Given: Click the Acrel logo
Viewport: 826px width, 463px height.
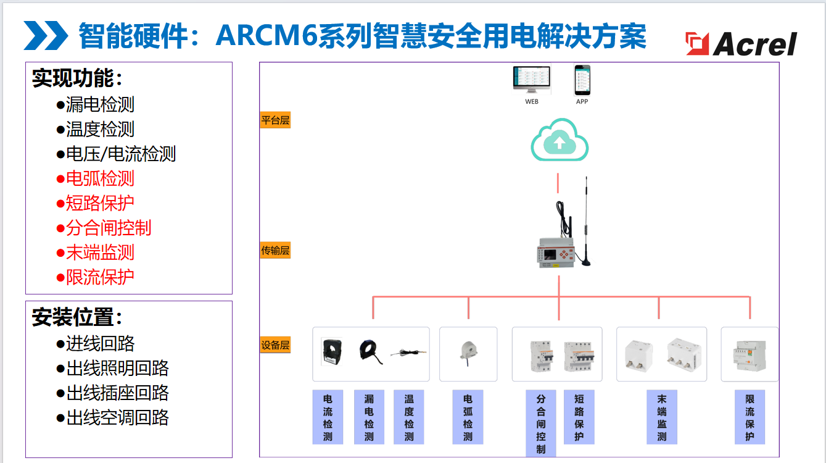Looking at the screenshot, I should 741,43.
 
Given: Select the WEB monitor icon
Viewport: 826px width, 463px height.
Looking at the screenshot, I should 532,80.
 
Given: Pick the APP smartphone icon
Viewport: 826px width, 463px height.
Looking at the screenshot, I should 582,80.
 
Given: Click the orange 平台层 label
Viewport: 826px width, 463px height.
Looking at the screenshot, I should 275,120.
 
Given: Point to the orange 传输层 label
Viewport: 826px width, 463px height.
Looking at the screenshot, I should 275,251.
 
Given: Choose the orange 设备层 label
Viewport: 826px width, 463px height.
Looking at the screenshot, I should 275,345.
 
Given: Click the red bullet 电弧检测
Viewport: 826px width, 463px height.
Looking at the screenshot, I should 96,179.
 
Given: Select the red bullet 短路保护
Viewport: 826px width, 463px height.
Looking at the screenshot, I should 96,204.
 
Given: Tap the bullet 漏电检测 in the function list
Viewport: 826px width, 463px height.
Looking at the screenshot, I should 96,105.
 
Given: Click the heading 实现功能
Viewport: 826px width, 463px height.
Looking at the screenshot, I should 77,78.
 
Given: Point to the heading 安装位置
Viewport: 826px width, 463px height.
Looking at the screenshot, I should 77,318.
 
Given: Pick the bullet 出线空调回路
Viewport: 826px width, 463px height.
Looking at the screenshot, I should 113,418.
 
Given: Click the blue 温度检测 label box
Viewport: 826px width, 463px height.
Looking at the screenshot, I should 409,417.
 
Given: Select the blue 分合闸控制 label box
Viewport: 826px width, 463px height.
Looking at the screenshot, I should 540,423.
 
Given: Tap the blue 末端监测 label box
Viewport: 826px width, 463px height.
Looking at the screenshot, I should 662,417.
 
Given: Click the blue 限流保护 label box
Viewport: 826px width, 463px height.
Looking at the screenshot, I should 750,417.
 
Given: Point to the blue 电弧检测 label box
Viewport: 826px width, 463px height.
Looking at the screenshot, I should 468,417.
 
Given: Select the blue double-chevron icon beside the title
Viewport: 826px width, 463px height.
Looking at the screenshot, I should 46,36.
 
